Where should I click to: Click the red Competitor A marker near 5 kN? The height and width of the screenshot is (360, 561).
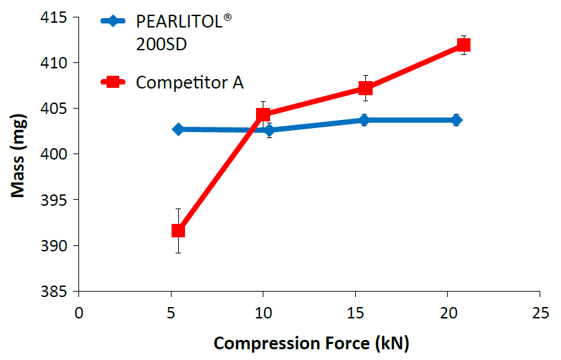coord(178,231)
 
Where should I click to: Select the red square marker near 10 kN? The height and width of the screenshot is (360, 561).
coord(263,115)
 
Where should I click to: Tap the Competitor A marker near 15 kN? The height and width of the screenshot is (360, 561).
coord(365,88)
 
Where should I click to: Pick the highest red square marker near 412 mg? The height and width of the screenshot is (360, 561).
coord(463,45)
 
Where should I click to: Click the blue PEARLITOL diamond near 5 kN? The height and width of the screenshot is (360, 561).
coord(178,129)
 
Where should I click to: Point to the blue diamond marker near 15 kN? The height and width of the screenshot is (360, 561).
coord(364,120)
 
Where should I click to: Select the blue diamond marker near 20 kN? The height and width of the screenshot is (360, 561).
coord(456,120)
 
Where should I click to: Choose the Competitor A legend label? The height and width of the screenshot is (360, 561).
coord(190,82)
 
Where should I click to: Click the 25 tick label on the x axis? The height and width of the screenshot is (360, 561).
coord(540,312)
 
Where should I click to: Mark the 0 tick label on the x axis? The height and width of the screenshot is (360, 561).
coord(79,312)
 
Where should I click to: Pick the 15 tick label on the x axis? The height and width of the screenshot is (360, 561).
coord(355,312)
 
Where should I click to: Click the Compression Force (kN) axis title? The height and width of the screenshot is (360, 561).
coord(311,343)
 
